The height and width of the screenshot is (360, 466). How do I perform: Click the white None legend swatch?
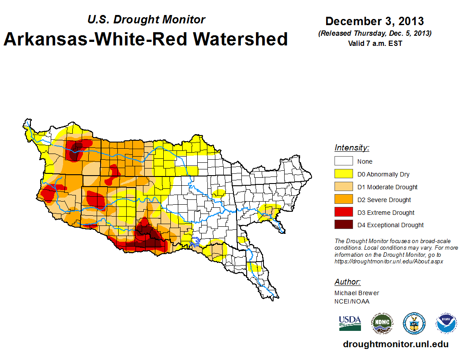tap(343, 161)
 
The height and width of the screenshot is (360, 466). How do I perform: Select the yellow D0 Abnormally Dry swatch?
tap(343, 174)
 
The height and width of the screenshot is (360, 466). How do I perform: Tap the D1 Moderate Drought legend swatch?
tap(343, 187)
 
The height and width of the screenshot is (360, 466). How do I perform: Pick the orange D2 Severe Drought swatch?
tap(343, 199)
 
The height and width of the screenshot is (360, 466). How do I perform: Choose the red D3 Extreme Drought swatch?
tap(343, 212)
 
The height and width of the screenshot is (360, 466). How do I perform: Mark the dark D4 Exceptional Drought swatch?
tap(343, 225)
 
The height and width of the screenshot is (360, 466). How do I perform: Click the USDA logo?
tap(350, 323)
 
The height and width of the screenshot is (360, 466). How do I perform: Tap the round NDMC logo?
tap(382, 323)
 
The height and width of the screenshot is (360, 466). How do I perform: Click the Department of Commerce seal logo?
tap(414, 323)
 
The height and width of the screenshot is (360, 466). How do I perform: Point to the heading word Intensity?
tap(352, 148)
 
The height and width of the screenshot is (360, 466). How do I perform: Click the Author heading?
tap(348, 282)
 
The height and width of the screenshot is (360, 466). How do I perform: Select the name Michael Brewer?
tap(357, 293)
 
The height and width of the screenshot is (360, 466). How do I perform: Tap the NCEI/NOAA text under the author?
tap(352, 301)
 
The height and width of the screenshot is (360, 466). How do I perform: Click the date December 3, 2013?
tap(375, 21)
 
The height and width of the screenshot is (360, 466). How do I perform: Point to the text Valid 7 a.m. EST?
tap(375, 43)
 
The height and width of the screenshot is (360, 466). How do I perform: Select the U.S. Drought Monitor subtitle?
tap(146, 19)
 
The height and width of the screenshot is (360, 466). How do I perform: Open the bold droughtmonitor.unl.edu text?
tap(395, 345)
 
